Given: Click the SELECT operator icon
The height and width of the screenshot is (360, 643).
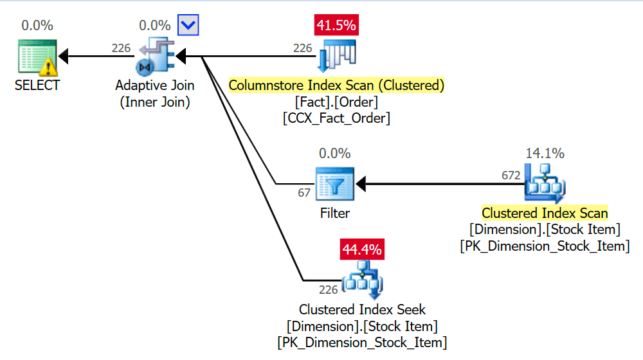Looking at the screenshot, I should (x=37, y=57).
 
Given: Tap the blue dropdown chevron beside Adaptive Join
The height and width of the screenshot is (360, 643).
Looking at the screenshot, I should (x=189, y=26).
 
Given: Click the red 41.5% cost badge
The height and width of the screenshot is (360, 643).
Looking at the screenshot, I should (x=336, y=26).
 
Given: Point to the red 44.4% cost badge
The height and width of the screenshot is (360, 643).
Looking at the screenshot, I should (x=362, y=249).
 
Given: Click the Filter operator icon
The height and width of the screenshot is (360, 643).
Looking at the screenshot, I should (x=334, y=184).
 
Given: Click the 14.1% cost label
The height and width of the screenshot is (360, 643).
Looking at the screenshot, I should (x=545, y=153).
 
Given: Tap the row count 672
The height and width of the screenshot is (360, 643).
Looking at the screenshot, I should (x=511, y=175).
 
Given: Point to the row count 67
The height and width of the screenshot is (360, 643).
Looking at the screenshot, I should (x=304, y=192).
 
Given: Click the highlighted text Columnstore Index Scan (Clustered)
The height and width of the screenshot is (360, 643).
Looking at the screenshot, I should (x=336, y=85).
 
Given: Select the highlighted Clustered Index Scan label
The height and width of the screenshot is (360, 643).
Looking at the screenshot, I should (x=545, y=213).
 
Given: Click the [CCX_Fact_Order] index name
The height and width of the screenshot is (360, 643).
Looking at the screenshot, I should (x=336, y=118).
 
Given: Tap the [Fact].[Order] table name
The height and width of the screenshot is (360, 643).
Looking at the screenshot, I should (x=336, y=102).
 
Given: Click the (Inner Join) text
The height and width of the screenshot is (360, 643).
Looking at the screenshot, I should (x=155, y=102).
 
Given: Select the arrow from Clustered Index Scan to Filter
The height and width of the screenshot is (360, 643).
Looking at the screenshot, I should (x=437, y=184).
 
